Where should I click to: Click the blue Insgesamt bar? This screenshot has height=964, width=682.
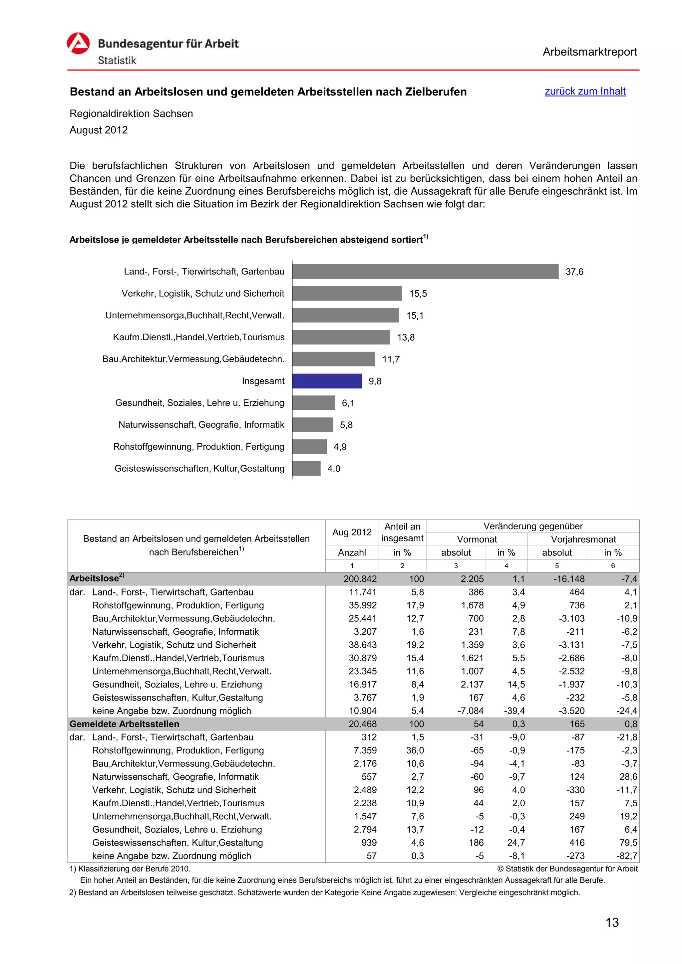(x=327, y=381)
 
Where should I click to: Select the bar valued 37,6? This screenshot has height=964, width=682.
(x=425, y=271)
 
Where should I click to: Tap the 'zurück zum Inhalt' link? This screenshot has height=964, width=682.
(x=585, y=91)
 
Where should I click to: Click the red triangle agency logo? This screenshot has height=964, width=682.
(x=79, y=44)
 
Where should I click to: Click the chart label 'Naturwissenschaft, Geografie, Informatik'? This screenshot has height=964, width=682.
(x=201, y=424)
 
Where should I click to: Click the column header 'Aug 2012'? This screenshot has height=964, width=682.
(x=352, y=532)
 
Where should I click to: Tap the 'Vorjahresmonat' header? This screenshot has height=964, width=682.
(x=583, y=539)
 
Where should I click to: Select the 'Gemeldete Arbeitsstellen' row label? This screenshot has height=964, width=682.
(x=125, y=724)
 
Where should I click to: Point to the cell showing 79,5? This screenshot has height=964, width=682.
(x=628, y=843)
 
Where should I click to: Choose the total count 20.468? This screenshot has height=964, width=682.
(x=362, y=724)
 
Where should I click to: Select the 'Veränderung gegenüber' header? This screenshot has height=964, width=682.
(x=533, y=526)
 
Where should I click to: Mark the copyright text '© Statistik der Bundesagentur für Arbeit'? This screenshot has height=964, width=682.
(x=567, y=869)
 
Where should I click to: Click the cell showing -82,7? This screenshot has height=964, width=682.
(x=628, y=856)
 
